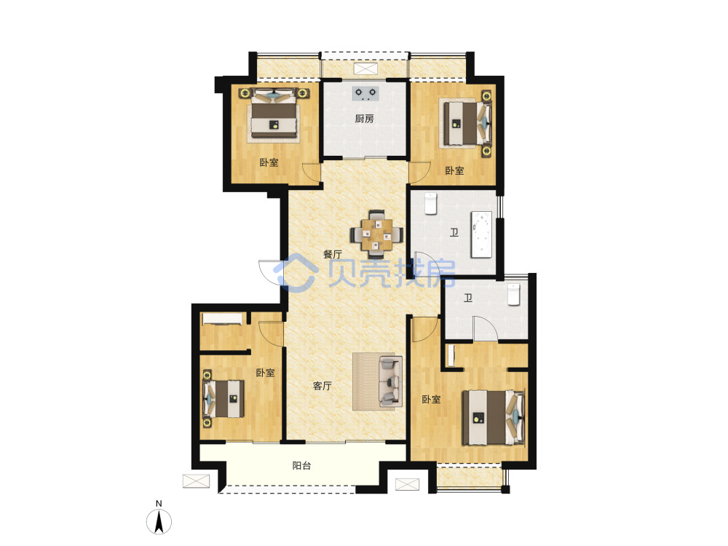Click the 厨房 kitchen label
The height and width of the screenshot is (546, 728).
[365, 119]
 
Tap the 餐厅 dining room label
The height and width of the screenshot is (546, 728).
[333, 254]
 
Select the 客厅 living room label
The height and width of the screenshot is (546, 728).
[323, 386]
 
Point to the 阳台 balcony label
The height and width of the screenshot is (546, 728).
[302, 466]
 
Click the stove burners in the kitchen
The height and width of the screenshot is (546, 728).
[365, 93]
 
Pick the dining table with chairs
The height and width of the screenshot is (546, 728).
[376, 234]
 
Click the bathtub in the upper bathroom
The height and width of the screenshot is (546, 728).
[481, 234]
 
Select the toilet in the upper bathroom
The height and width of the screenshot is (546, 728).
[431, 203]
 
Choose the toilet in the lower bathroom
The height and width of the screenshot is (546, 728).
[513, 294]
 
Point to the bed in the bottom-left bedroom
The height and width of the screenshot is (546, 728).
[224, 399]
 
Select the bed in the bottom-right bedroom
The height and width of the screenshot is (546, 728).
[494, 418]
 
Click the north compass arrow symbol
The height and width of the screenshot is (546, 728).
[159, 521]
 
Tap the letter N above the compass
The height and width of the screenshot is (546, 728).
[159, 504]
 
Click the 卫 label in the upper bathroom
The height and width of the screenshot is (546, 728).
[454, 232]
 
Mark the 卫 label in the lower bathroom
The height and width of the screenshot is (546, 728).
[468, 298]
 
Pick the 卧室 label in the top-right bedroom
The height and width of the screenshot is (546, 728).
[454, 171]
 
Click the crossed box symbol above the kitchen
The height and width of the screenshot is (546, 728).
[365, 69]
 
